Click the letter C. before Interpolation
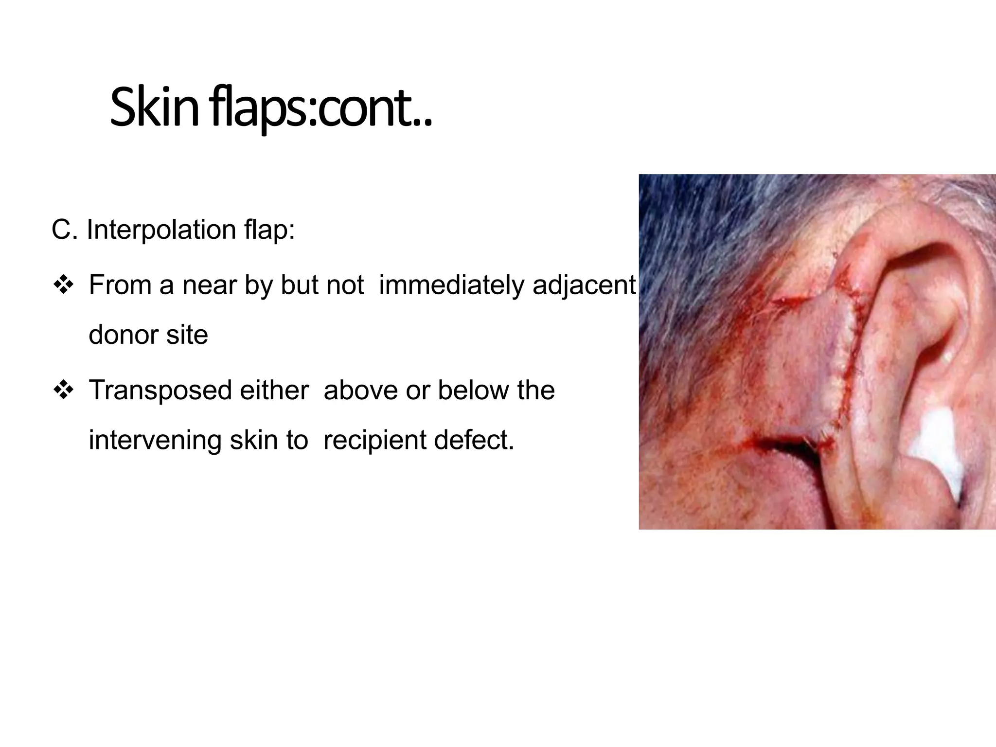tap(64, 230)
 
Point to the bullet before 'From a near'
tap(63, 285)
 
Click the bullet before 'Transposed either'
tap(63, 390)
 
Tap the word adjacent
tap(584, 285)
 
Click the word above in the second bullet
tap(360, 391)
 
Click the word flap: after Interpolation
tap(269, 230)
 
